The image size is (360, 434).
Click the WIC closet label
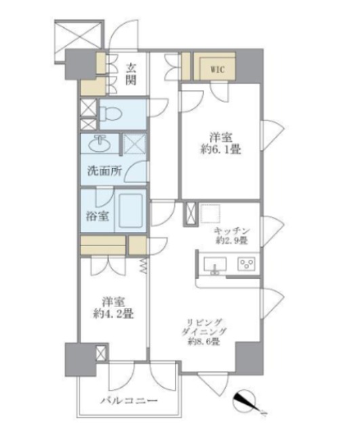tap(218, 69)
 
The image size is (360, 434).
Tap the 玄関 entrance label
tap(131, 74)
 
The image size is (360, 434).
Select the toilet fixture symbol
tap(111, 115)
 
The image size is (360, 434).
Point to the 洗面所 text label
tap(104, 172)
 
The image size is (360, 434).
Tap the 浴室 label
tap(98, 216)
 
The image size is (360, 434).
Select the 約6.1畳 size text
tap(220, 149)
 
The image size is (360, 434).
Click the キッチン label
tap(232, 231)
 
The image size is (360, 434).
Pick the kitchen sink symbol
tap(215, 265)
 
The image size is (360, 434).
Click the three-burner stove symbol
tap(246, 264)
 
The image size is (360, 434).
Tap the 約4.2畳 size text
tap(113, 313)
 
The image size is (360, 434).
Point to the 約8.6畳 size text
tap(204, 342)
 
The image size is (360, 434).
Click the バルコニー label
tap(129, 401)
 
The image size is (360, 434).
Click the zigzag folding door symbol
tap(143, 267)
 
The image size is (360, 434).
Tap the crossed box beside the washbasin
tap(134, 144)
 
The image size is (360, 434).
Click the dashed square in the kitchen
tap(210, 213)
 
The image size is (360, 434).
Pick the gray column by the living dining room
tap(249, 358)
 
